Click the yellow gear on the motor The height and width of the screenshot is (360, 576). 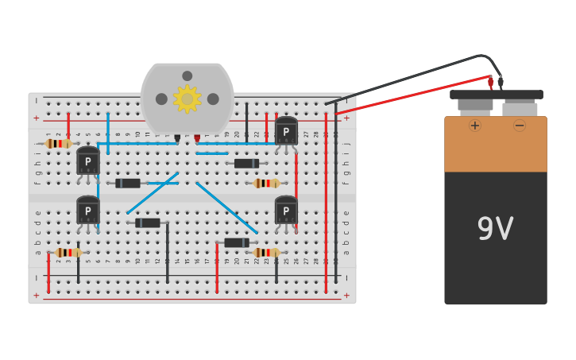187,99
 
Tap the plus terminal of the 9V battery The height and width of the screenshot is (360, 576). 475,125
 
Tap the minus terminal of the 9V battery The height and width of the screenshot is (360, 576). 519,125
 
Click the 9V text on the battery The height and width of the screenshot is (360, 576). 495,230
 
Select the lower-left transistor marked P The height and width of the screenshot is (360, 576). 87,211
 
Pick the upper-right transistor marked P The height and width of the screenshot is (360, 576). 286,131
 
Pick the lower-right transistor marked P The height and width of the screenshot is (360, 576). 286,211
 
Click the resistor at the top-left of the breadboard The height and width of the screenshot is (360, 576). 59,144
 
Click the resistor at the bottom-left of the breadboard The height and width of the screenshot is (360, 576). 68,253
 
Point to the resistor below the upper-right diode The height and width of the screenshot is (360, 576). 266,184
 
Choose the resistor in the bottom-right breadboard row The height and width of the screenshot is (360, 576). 266,253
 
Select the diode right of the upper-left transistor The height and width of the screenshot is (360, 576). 128,184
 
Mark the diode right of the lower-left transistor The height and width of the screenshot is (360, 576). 148,223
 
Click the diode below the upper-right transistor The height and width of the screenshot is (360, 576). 246,164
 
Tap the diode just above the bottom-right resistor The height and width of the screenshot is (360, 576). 237,243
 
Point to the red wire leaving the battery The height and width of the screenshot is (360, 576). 413,95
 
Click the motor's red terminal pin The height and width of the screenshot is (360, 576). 197,138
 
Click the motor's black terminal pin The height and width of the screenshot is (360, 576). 177,138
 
